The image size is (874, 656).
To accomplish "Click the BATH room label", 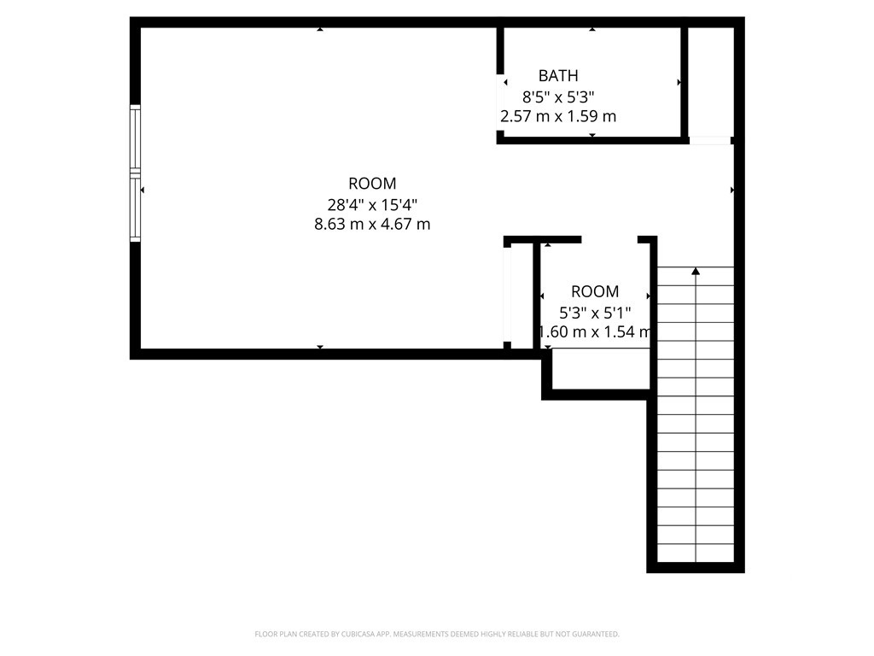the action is coord(558,75).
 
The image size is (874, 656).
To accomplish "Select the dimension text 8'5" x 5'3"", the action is coord(558,97).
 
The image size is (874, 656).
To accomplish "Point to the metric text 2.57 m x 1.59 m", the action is coord(558,116).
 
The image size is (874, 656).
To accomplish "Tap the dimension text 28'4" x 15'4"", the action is coord(372,205).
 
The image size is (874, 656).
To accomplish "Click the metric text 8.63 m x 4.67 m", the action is coord(372,225).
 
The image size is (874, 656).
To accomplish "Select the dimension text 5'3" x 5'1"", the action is coord(595,313).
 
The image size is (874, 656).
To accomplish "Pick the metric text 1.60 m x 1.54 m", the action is coord(594,332).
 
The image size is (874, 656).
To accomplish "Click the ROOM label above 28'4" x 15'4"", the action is coord(372,184).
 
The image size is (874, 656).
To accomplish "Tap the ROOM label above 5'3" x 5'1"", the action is coord(595,291).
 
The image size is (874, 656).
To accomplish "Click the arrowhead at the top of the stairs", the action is coord(696,271).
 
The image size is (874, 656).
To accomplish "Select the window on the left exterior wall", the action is coord(135,173).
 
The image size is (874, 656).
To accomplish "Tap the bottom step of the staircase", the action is coord(696,553).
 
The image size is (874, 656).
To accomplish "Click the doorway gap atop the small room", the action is coord(609,240).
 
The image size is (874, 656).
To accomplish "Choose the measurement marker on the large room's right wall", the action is coord(731,190).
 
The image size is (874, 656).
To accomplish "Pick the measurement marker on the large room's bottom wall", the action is coord(320,347).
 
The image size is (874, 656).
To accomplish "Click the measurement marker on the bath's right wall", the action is coord(679,83).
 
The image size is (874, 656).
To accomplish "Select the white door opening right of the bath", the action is coord(709,141).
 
